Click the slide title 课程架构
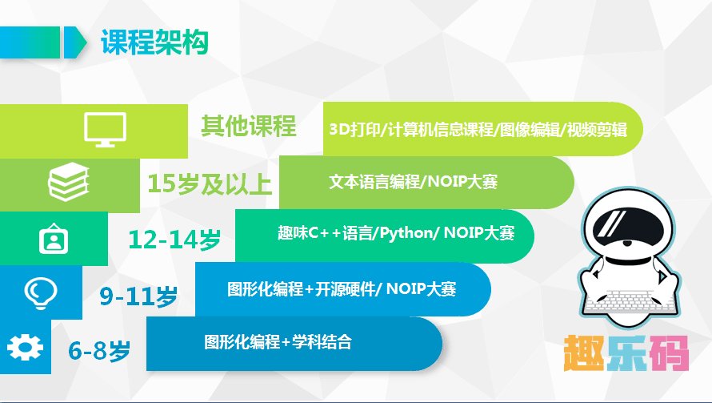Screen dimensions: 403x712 pos(154,42)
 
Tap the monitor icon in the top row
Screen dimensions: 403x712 pos(105,130)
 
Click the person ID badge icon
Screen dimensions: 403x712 pos(54,238)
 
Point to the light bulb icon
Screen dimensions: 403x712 pos(38,292)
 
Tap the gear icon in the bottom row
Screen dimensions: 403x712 pos(24,346)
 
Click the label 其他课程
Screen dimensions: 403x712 pos(248,127)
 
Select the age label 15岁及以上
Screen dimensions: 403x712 pos(210,183)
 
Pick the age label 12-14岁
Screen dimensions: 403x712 pos(174,239)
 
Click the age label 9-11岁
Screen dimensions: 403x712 pos(138,296)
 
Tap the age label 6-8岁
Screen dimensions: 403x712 pos(98,350)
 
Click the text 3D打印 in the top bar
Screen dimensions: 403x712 pos(355,130)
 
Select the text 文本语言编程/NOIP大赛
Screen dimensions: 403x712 pos(414,182)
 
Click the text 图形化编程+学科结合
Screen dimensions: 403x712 pos(278,343)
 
